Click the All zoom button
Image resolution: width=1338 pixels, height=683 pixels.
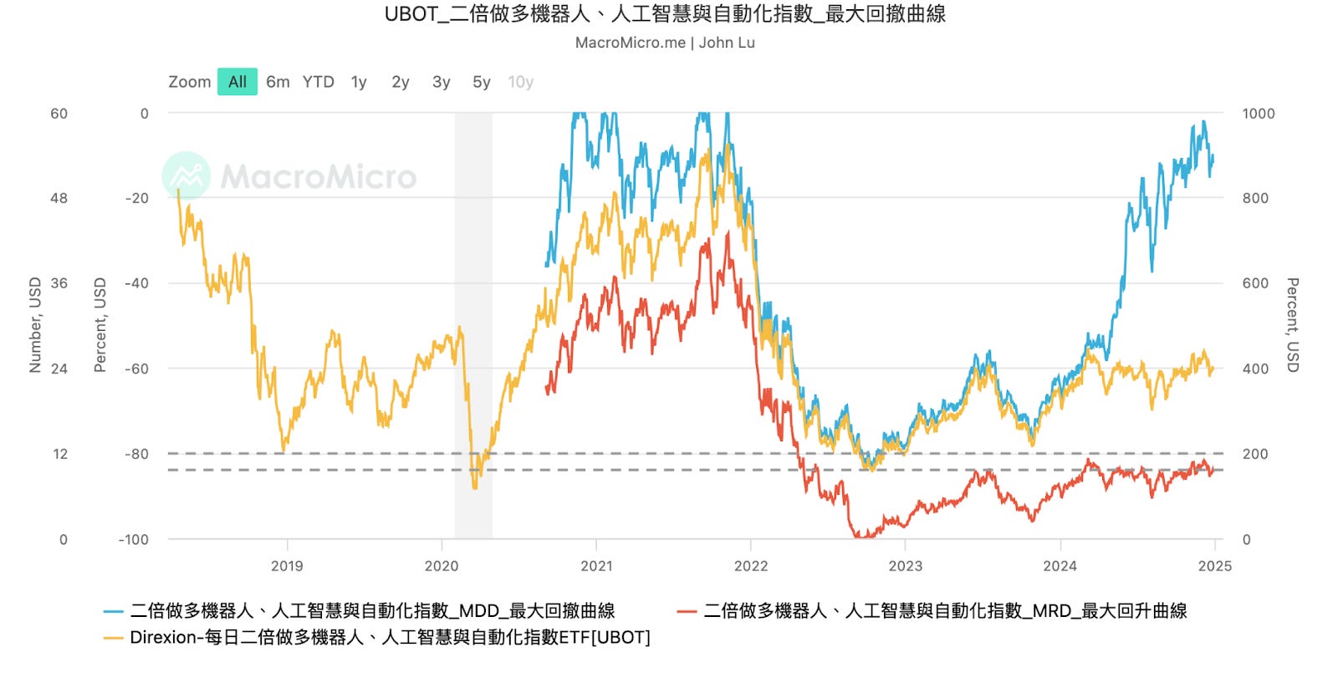coord(237,82)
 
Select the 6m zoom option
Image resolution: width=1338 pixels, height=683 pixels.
coord(278,82)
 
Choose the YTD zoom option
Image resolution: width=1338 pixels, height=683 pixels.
coord(318,82)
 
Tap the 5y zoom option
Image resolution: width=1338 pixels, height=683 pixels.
coord(481,82)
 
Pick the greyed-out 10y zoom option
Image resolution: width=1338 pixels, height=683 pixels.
coord(520,82)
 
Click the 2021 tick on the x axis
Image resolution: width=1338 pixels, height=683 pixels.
coord(596,566)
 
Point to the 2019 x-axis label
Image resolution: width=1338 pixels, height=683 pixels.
coord(287,566)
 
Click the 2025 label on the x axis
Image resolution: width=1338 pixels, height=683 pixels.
coord(1214,566)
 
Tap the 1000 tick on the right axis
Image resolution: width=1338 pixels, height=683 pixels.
coord(1258,114)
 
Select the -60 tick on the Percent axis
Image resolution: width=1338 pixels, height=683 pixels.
coord(136,369)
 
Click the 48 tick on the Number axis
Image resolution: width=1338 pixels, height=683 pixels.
coord(59,198)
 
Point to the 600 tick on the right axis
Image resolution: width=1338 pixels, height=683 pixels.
coord(1254,283)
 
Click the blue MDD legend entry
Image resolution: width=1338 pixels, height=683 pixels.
coord(371,611)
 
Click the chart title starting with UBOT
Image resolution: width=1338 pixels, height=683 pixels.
coord(665,14)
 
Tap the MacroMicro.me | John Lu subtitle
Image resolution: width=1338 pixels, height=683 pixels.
coord(665,43)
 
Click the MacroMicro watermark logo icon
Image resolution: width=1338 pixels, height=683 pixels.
coord(186,176)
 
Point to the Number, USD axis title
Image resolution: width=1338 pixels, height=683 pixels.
coord(35,324)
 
